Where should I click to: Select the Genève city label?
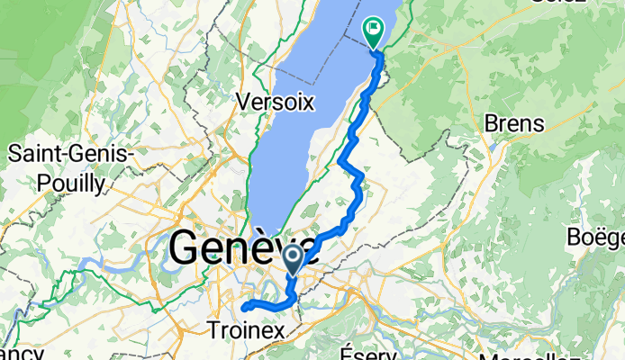pyautogui.click(x=241, y=247)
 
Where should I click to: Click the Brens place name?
pyautogui.click(x=514, y=123)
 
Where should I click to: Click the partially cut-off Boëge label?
pyautogui.click(x=597, y=238)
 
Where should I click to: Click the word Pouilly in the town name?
pyautogui.click(x=74, y=183)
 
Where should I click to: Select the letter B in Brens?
pyautogui.click(x=491, y=123)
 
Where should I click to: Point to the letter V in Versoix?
pyautogui.click(x=240, y=102)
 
